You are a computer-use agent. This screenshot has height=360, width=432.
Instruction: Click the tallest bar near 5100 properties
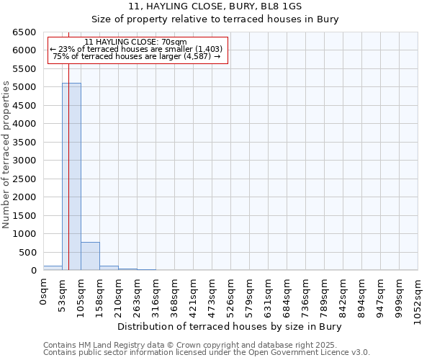pos(71,176)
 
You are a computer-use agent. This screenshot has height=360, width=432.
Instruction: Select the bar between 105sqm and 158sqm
pos(90,256)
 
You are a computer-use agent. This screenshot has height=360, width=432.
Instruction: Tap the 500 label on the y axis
pos(27,252)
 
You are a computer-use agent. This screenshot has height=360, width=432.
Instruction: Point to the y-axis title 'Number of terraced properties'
pos(6,155)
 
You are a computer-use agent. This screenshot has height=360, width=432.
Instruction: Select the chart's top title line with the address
pos(216,6)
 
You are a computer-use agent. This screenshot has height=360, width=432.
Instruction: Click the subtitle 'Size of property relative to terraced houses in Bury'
pos(216,19)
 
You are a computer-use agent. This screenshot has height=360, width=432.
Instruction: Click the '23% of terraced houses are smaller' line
pos(137,49)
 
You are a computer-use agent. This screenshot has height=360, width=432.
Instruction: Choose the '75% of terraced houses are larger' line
pos(137,56)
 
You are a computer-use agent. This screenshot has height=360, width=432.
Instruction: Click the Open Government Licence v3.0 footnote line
pos(206,352)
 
